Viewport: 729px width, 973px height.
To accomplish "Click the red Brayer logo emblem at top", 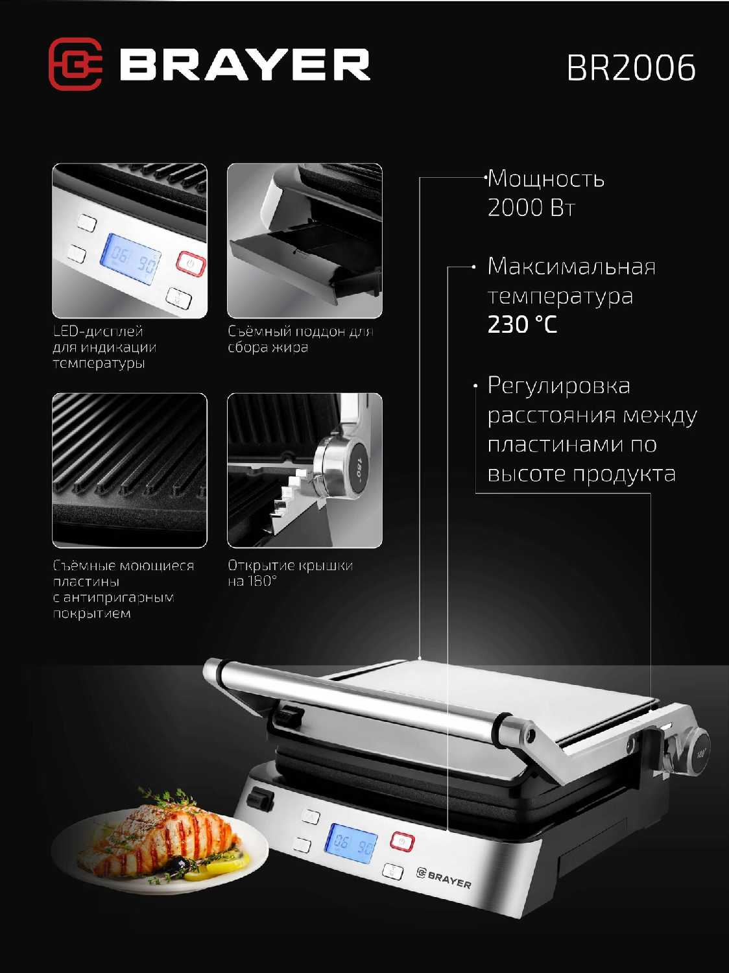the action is pyautogui.click(x=76, y=64).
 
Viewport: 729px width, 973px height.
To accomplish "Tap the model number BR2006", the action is pyautogui.click(x=631, y=68).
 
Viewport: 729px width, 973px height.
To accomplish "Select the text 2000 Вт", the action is pyautogui.click(x=531, y=208).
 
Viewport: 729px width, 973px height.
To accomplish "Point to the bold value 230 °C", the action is pyautogui.click(x=522, y=324).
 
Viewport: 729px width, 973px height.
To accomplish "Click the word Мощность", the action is pyautogui.click(x=546, y=179).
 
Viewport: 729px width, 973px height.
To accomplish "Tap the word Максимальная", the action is pyautogui.click(x=571, y=267).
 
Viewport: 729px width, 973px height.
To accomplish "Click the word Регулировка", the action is pyautogui.click(x=559, y=386).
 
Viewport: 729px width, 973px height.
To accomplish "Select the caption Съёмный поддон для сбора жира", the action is pyautogui.click(x=300, y=339).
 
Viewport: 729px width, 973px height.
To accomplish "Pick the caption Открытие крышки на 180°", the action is pyautogui.click(x=291, y=573).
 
